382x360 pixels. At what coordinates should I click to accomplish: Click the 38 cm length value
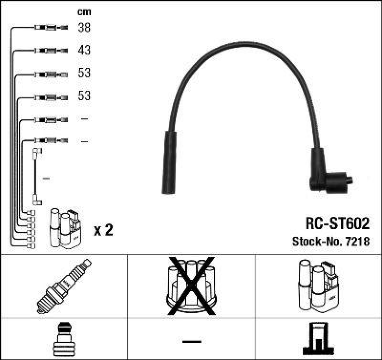(x=84, y=28)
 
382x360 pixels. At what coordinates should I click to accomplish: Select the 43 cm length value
(x=84, y=50)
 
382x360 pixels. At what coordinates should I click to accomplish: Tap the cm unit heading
(x=84, y=12)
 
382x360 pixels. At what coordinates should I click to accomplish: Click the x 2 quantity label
(x=103, y=231)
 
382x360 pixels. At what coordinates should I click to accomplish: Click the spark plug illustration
(x=64, y=286)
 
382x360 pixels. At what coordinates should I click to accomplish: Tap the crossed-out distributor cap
(x=191, y=286)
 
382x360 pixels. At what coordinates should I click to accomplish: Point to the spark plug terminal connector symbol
(x=64, y=339)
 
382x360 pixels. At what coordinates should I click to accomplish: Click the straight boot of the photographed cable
(x=170, y=162)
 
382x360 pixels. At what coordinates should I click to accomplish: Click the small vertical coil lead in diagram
(x=36, y=177)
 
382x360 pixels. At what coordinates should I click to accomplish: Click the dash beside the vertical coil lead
(x=46, y=178)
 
